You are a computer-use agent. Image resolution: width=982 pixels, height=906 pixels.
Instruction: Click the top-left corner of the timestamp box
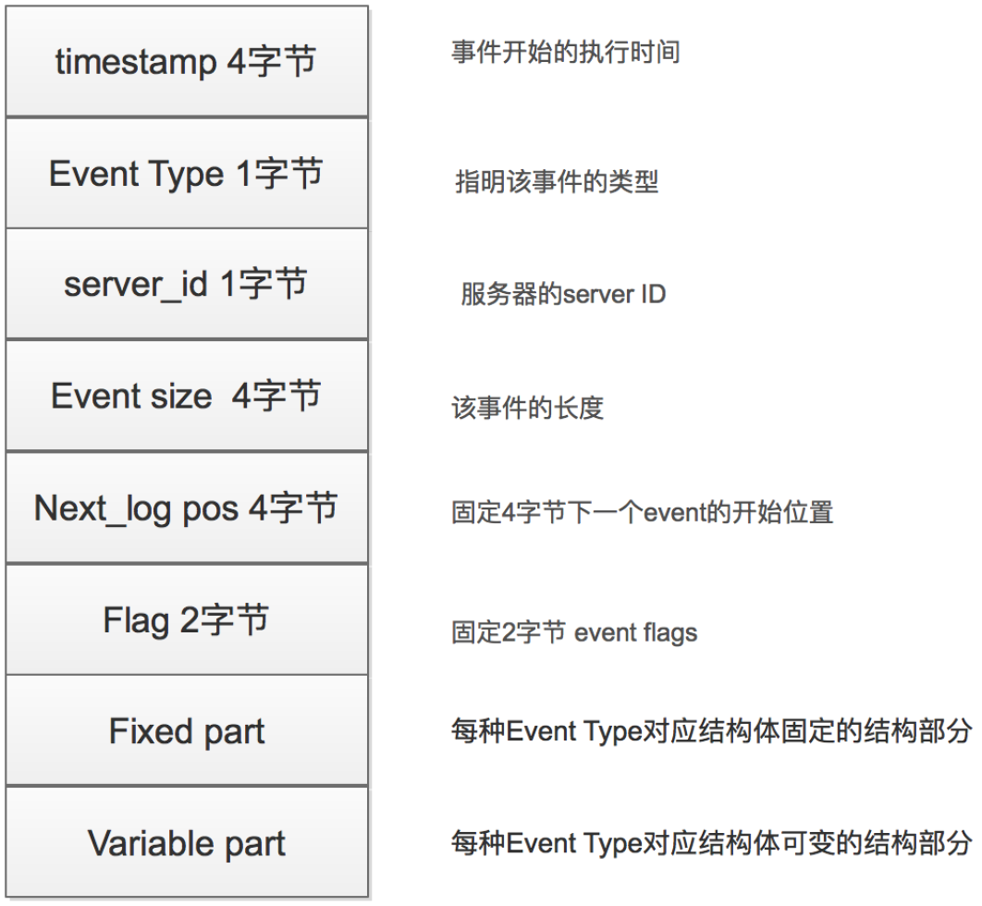click(x=6, y=6)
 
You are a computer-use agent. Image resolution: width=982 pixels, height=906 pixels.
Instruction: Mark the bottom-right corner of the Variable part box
click(x=368, y=897)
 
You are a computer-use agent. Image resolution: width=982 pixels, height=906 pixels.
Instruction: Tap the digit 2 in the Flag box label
click(x=190, y=620)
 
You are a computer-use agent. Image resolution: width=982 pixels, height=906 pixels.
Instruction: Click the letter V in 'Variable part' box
click(x=100, y=843)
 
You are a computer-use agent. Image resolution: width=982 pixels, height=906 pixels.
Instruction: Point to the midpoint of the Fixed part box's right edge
click(x=368, y=730)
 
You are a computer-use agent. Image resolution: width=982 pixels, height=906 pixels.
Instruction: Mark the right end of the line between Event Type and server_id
click(x=368, y=228)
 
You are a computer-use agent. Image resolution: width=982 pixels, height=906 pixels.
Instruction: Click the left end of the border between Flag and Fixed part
click(x=6, y=675)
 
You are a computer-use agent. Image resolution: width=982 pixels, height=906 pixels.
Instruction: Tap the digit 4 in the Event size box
click(x=241, y=397)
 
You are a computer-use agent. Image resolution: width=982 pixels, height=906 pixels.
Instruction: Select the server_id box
click(x=187, y=284)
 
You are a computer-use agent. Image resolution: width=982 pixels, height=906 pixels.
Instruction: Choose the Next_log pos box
click(x=187, y=508)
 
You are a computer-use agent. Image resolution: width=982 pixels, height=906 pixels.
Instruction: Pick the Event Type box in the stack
click(x=187, y=174)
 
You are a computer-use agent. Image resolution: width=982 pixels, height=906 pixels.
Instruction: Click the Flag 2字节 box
click(x=187, y=619)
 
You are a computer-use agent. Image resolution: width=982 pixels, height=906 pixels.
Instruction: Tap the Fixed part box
click(x=187, y=730)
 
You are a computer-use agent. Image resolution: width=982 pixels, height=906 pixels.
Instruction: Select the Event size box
click(x=187, y=396)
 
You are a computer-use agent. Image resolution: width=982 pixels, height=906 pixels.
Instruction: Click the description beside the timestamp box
click(x=566, y=52)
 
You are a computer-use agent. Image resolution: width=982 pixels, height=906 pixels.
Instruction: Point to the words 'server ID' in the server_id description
click(x=614, y=294)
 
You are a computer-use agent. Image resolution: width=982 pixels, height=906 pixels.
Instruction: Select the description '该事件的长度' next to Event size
click(x=527, y=409)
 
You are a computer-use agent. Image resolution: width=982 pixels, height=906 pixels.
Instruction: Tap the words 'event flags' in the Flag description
click(x=635, y=633)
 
